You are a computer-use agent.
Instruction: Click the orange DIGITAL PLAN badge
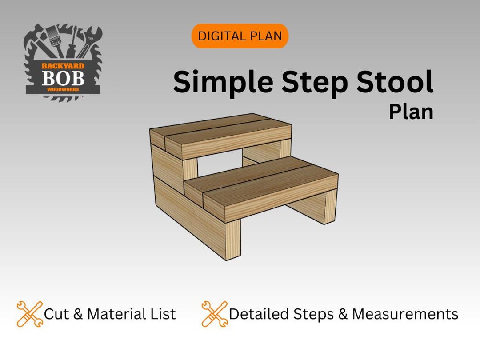click(x=240, y=36)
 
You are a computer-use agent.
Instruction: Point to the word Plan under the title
click(x=411, y=112)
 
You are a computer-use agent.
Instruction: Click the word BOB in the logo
click(x=63, y=78)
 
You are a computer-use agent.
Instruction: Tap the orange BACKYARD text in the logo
click(x=63, y=66)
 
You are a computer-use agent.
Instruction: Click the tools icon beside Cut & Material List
click(x=29, y=314)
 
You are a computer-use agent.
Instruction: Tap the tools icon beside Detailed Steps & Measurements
click(x=214, y=314)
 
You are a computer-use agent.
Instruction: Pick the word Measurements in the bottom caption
click(x=405, y=314)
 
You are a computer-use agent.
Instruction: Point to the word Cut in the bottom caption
click(x=56, y=314)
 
